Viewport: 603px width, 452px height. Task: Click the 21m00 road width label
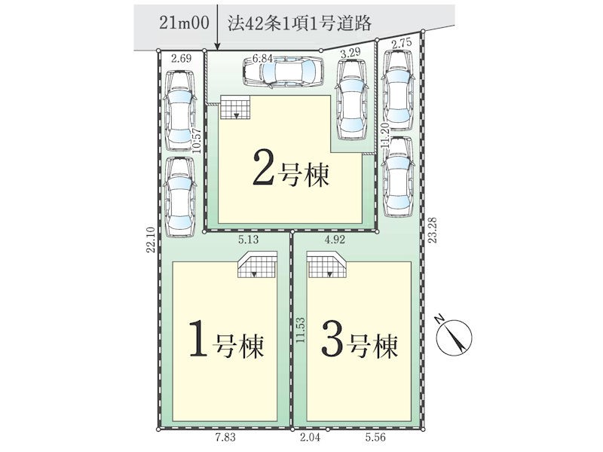[184, 23]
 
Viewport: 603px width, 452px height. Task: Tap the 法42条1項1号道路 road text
[299, 23]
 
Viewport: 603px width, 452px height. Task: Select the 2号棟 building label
[291, 173]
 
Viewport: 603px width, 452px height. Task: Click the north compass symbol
[454, 334]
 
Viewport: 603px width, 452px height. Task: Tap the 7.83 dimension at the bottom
[225, 438]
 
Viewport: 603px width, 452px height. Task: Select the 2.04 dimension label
[310, 438]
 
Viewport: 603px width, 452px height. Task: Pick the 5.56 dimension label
[375, 438]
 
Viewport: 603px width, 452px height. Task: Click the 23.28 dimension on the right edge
[433, 230]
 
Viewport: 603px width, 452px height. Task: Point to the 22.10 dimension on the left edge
[151, 240]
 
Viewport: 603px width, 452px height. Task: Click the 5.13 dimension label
[249, 240]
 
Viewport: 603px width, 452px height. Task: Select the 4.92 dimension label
[335, 240]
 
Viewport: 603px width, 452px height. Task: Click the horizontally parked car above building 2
[283, 72]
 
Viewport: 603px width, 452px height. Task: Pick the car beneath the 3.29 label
[350, 99]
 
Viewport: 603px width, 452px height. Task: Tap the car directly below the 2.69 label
[179, 111]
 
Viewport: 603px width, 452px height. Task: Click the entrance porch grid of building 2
[235, 108]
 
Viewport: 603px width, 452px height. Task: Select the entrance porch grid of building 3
[328, 264]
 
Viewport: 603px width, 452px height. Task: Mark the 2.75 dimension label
[402, 43]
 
